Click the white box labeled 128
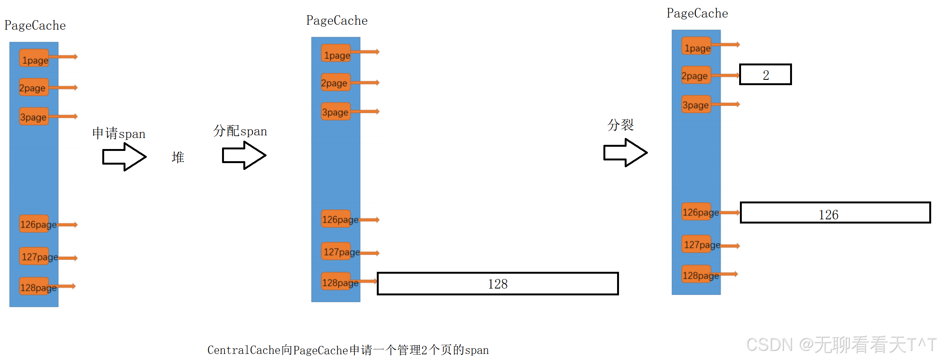[x=497, y=284]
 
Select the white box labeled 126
[x=835, y=213]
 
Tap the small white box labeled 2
[x=765, y=75]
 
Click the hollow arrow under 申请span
[x=124, y=157]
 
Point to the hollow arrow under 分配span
[x=244, y=155]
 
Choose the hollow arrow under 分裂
[x=625, y=152]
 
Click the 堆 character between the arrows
[x=178, y=157]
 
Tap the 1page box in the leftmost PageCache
[x=34, y=58]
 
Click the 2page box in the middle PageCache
[x=335, y=82]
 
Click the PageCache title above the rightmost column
[x=697, y=14]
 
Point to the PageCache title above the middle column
[x=336, y=21]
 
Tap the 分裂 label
[x=621, y=125]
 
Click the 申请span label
[x=119, y=133]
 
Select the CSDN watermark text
[x=841, y=344]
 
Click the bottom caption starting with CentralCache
[x=348, y=350]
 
